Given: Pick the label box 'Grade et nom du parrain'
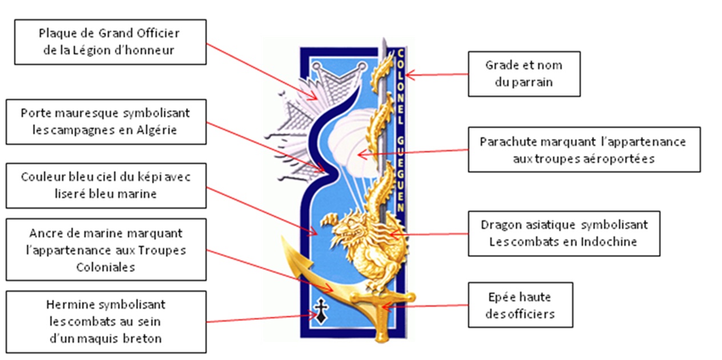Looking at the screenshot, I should click(x=523, y=74).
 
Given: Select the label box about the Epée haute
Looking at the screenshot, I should click(x=520, y=305).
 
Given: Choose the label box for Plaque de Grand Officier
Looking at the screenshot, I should click(x=109, y=42).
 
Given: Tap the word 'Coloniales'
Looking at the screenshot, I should click(x=106, y=267).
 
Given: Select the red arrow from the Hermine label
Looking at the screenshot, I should click(x=260, y=318).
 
